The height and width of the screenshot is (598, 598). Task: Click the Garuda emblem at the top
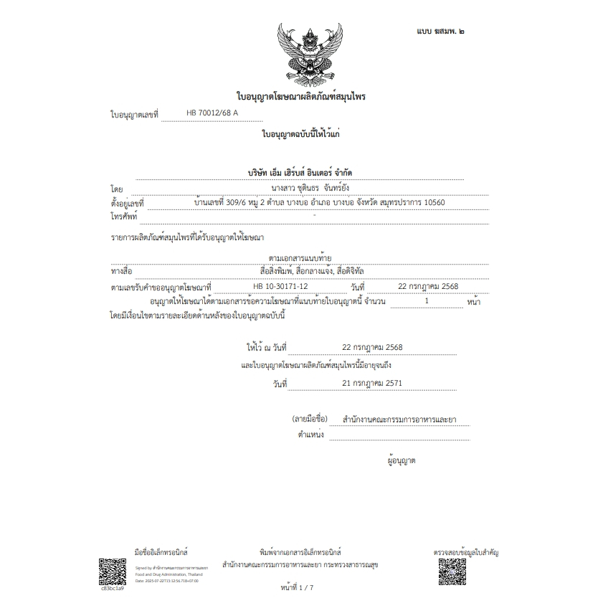300,54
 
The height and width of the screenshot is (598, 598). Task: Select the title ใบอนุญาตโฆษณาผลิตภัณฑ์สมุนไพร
300,96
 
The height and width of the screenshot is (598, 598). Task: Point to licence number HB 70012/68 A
212,113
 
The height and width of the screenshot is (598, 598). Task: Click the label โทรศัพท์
124,216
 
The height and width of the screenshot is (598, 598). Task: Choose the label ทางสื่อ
121,271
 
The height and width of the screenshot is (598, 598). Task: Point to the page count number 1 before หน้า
427,301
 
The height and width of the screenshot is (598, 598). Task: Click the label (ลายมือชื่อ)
309,419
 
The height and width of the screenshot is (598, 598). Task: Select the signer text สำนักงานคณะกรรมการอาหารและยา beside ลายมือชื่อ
399,419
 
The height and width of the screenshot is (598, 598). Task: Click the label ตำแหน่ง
310,435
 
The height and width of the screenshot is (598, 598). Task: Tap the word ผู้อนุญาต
401,460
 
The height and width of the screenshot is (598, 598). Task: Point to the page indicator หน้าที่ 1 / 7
299,587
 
